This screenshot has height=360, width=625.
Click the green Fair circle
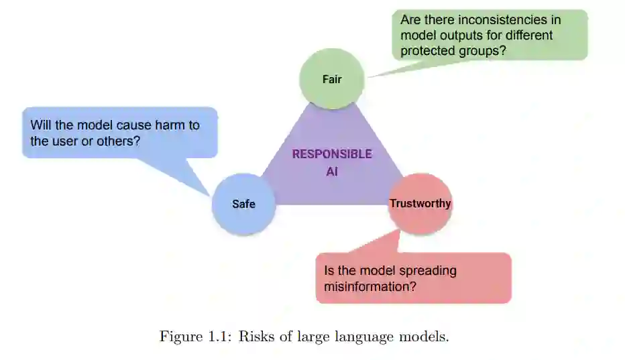(x=331, y=79)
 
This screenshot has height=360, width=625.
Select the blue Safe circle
(x=243, y=204)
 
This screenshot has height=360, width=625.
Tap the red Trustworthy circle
(x=420, y=203)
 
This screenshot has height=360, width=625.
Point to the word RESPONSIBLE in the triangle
(x=332, y=154)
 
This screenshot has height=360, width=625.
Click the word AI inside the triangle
(x=332, y=172)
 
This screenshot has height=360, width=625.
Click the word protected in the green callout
(x=429, y=50)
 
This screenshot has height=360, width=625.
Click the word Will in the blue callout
(x=42, y=125)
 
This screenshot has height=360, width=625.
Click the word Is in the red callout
(x=330, y=271)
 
